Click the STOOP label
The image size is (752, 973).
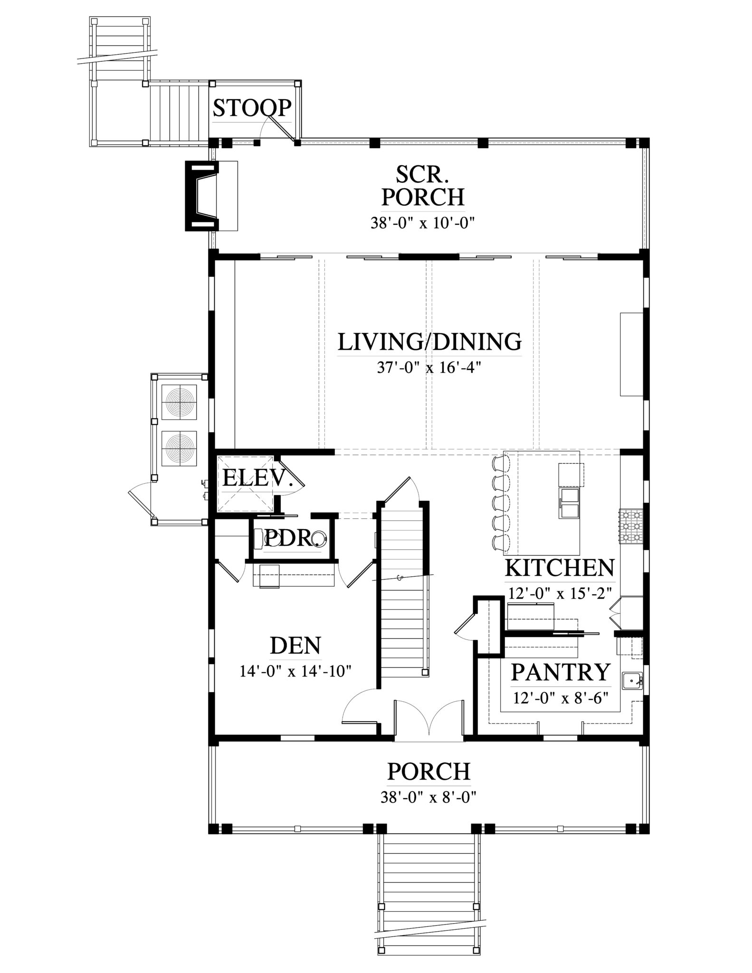point(252,108)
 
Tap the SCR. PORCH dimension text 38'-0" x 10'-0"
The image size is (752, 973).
point(423,223)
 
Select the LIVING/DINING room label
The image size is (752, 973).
point(429,342)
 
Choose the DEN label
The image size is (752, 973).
point(295,646)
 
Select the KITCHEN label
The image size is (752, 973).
point(560,568)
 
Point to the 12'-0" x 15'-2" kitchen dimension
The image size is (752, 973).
point(560,593)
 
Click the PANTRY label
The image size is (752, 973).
point(560,672)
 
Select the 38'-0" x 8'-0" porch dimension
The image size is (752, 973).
point(428,797)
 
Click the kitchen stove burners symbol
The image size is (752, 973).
point(631,526)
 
